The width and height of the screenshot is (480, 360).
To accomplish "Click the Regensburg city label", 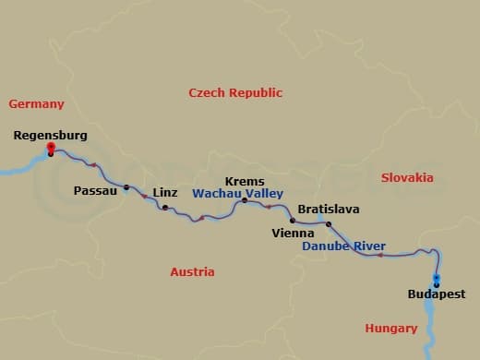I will (51, 135).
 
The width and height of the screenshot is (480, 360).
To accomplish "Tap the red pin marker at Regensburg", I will (51, 148).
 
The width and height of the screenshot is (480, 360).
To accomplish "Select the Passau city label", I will (95, 191).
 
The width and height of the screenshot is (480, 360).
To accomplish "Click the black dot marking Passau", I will (126, 188).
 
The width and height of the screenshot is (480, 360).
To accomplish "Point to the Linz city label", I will (164, 192).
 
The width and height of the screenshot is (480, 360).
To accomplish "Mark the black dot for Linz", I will (164, 208).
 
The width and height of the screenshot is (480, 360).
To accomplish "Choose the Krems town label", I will (245, 182).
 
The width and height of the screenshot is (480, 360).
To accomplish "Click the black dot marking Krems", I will (244, 200).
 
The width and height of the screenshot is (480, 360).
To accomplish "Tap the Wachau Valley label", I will (237, 194).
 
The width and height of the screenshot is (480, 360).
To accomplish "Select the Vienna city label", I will (293, 234).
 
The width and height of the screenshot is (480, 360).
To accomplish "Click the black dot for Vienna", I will (293, 221).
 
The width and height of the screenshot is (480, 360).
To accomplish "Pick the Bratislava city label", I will (329, 210).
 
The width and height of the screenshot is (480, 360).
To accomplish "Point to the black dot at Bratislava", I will (329, 223).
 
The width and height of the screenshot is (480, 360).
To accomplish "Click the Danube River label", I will (344, 246).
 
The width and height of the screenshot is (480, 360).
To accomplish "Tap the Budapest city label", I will (437, 295).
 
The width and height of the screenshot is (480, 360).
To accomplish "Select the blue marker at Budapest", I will (437, 280).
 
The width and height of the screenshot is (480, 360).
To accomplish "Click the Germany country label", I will (36, 104).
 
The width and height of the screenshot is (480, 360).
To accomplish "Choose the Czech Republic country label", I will (235, 92).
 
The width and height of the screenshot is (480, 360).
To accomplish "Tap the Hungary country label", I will (391, 328).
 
